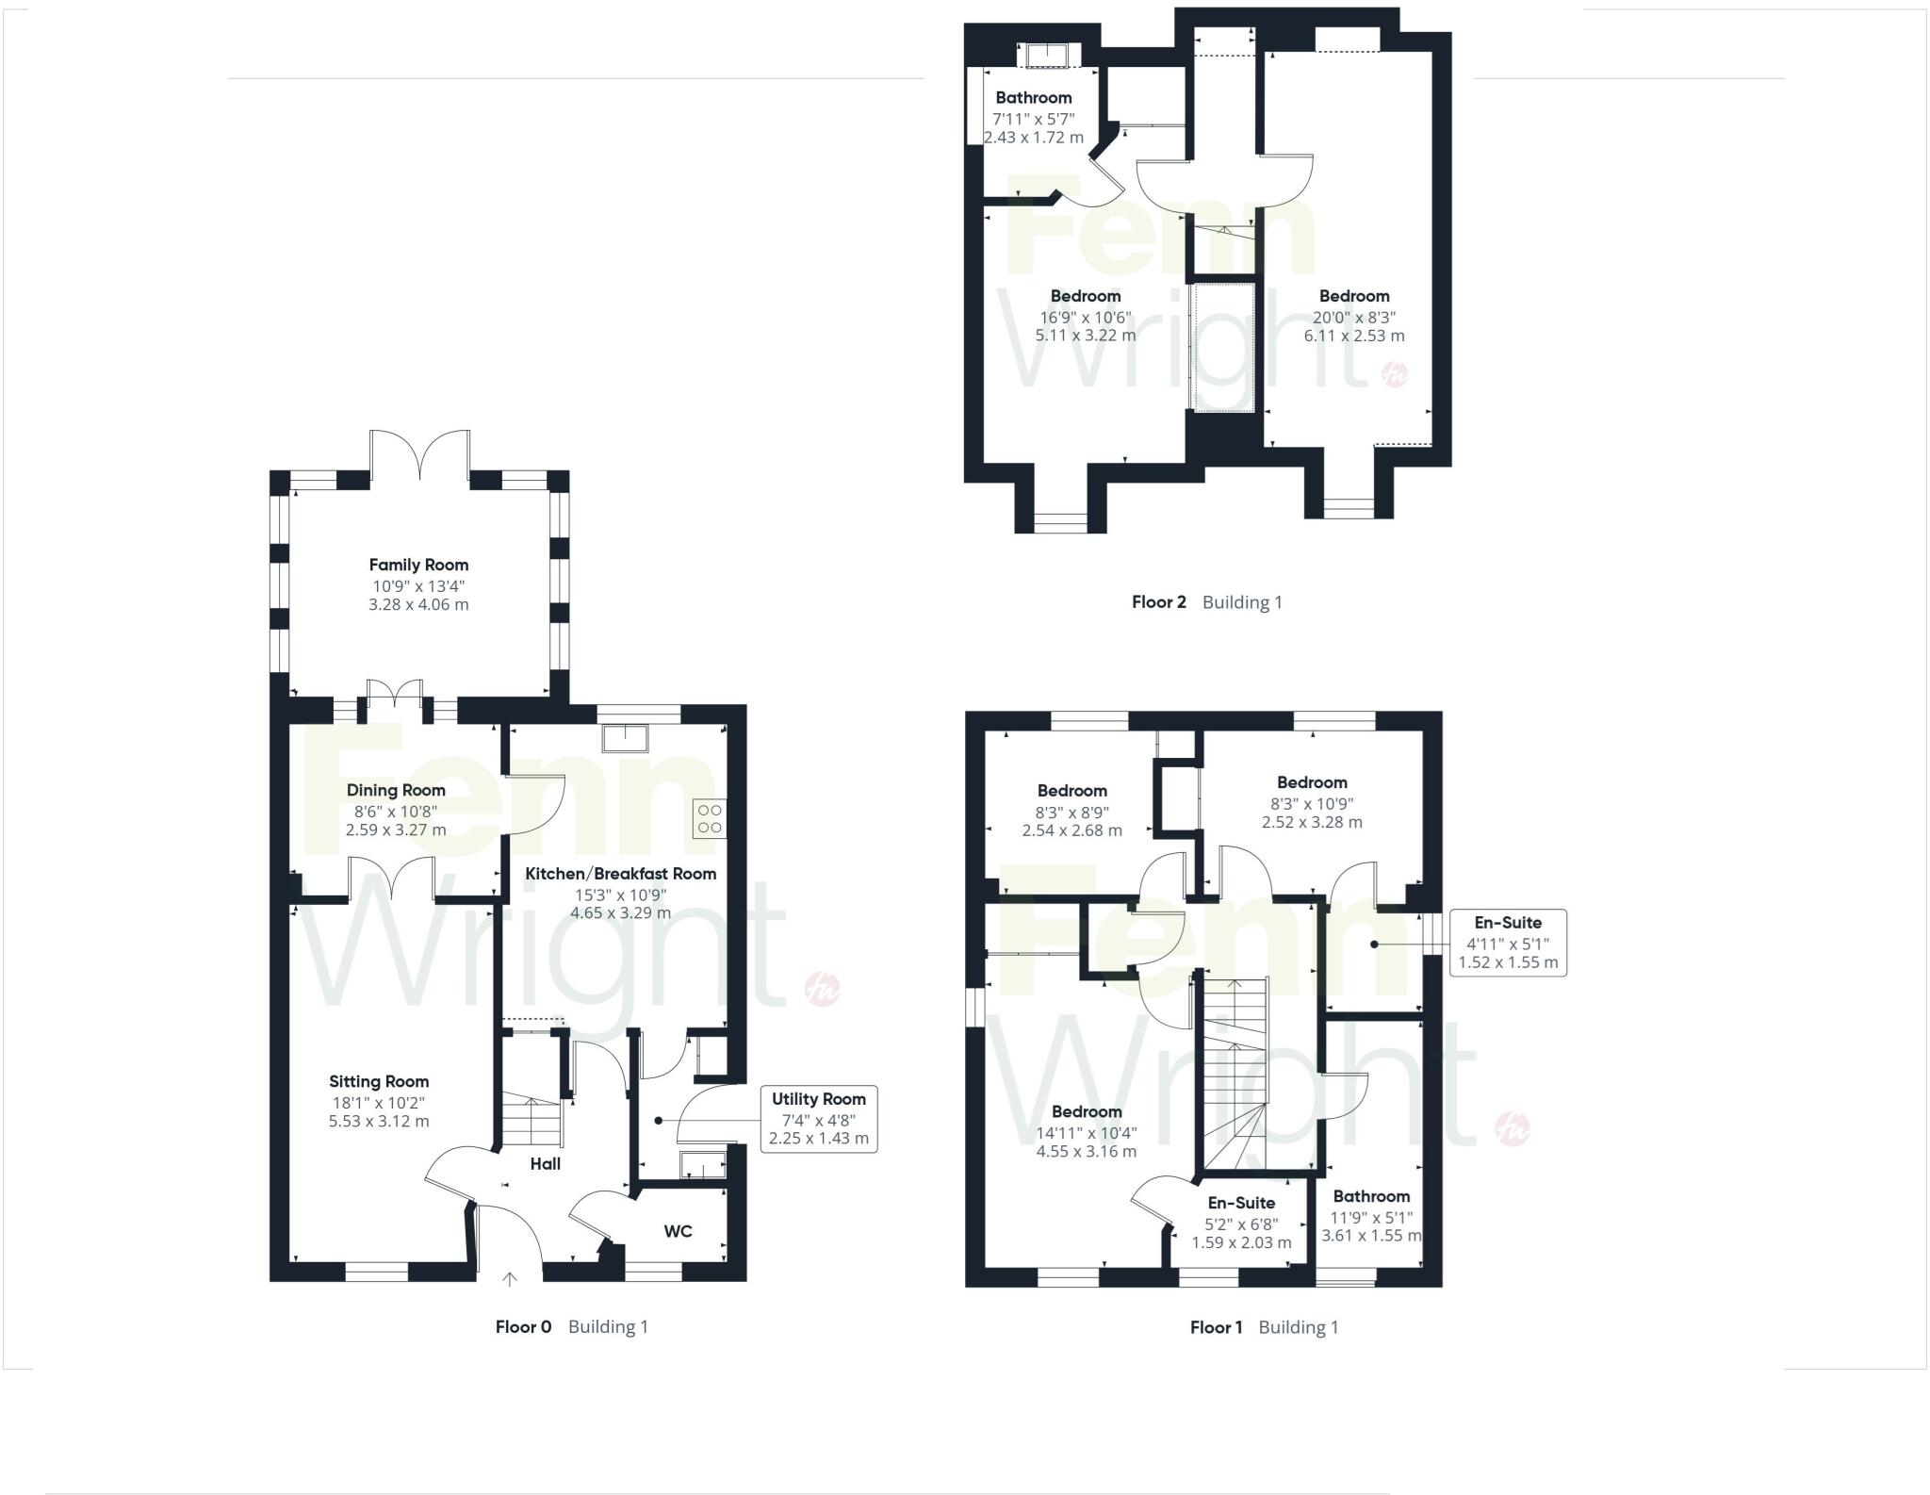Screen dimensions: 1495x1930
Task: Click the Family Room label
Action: [x=418, y=565]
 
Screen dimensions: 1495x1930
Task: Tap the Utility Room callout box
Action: [x=818, y=1118]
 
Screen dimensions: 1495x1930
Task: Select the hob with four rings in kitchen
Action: [x=710, y=819]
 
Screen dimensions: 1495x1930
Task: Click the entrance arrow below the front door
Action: [x=510, y=1279]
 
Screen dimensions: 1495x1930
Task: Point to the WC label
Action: [x=678, y=1231]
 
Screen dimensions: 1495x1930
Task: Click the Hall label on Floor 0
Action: [x=545, y=1164]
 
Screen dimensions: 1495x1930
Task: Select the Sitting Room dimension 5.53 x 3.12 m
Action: [x=379, y=1122]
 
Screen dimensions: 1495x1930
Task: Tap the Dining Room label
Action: [x=396, y=790]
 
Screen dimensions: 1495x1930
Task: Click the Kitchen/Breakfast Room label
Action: [x=620, y=874]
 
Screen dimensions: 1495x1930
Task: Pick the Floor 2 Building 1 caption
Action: [x=1206, y=602]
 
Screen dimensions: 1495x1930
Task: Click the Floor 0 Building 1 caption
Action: [x=571, y=1327]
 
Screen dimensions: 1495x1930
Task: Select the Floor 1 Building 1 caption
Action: [x=1264, y=1327]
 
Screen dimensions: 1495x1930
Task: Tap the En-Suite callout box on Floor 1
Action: [x=1507, y=943]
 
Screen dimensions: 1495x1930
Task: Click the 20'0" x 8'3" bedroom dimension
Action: [x=1354, y=318]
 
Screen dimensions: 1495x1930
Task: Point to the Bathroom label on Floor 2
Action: [x=1033, y=97]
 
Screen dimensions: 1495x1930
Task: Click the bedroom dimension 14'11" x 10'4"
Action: [x=1087, y=1133]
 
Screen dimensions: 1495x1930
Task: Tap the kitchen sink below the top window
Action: [x=625, y=738]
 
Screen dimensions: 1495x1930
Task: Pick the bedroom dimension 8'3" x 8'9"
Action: [x=1071, y=812]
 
